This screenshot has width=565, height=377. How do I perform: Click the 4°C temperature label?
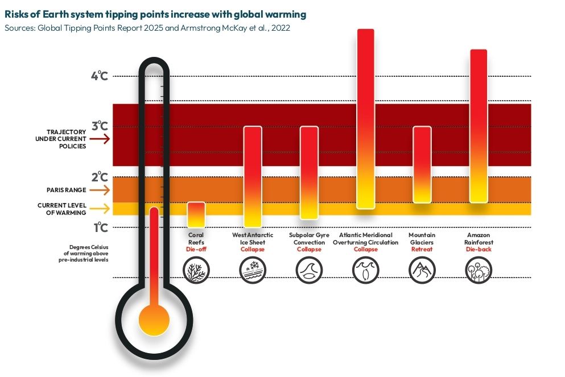tap(100, 76)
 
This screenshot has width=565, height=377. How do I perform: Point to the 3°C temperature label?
tap(100, 126)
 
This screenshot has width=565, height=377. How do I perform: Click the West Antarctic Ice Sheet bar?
tap(253, 176)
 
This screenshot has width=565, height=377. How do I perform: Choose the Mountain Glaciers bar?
tap(422, 164)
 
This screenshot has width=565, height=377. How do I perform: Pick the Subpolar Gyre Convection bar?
tap(309, 172)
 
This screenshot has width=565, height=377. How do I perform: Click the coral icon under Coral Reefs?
tap(196, 269)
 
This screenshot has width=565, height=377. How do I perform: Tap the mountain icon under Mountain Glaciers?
tap(422, 269)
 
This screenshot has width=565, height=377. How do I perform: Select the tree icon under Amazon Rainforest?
tap(478, 269)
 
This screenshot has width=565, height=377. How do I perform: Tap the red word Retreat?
tap(422, 250)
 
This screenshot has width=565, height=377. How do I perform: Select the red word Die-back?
tap(478, 250)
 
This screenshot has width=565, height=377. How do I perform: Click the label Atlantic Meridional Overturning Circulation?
tap(365, 238)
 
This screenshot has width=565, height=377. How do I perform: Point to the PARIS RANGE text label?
tap(66, 190)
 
